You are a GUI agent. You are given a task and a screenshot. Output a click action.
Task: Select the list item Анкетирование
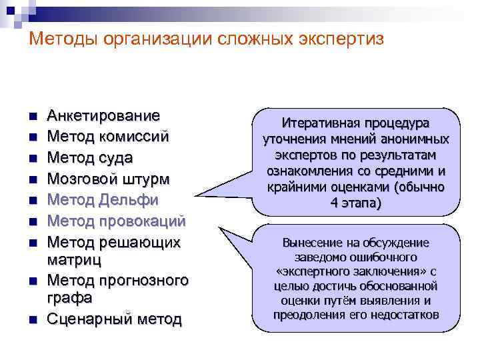pyautogui.click(x=103, y=115)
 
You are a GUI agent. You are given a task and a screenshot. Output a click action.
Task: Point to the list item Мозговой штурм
pyautogui.click(x=108, y=179)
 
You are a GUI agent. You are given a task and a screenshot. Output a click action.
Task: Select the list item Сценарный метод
pyautogui.click(x=114, y=319)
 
